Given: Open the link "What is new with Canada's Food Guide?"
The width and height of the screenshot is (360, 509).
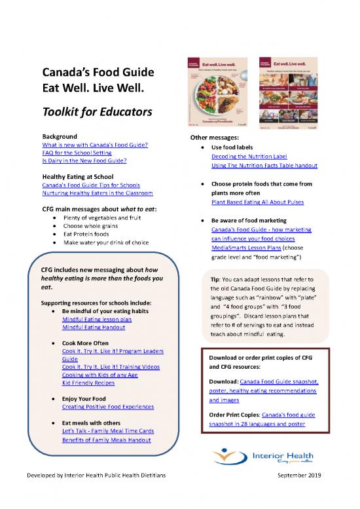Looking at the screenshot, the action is click(94, 144).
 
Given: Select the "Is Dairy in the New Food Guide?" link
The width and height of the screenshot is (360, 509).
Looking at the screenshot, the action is click(84, 160).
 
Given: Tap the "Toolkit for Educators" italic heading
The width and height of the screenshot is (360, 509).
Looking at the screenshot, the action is click(97, 112).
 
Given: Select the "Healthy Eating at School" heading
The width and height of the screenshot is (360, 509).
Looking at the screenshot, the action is click(77, 177).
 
